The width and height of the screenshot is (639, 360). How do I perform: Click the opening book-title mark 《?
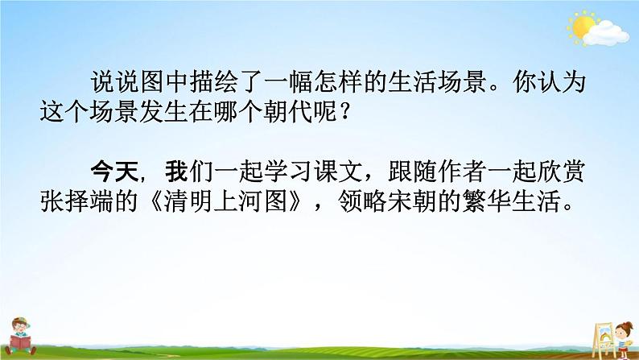(165, 202)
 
